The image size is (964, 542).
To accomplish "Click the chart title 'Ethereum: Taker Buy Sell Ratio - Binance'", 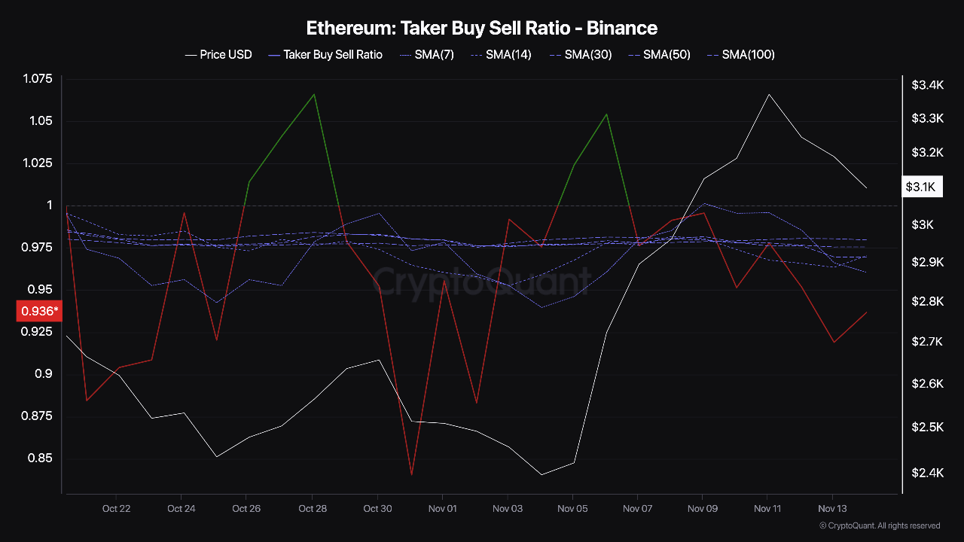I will [482, 29].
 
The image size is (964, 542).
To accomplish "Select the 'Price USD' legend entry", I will [218, 54].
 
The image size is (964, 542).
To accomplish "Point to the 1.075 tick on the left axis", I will [38, 79].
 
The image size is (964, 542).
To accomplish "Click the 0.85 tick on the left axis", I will [41, 458].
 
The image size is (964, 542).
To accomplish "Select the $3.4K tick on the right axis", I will [927, 85].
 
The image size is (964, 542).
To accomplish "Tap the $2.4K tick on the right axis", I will [927, 473].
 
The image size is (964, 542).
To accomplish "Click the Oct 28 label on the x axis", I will [312, 509].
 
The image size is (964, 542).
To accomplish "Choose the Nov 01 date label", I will [442, 509].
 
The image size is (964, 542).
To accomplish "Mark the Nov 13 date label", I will [832, 509].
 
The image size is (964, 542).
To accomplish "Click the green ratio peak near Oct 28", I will [314, 94].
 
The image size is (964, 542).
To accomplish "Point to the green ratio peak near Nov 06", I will [607, 114].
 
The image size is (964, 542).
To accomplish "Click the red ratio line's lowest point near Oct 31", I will [411, 475].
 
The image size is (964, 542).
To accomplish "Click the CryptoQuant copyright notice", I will [879, 525].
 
